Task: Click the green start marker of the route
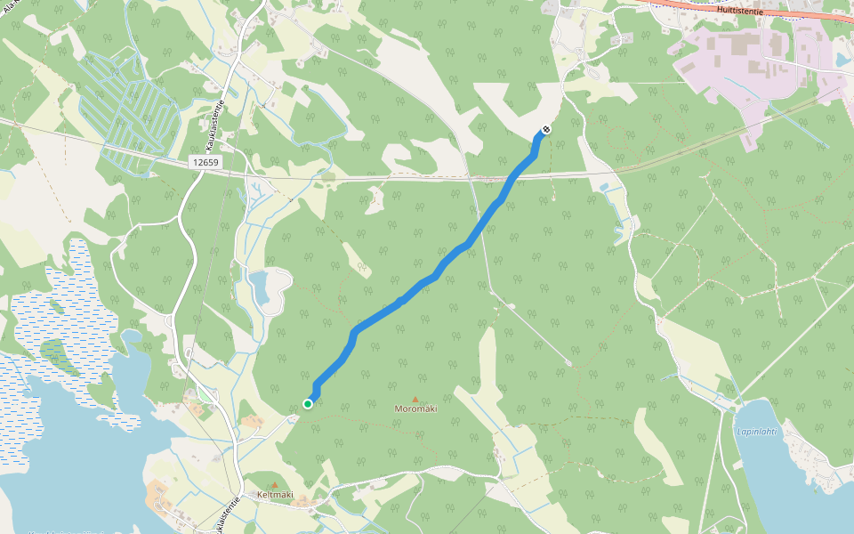click(x=308, y=404)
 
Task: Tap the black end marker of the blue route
click(x=546, y=130)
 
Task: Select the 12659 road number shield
click(x=205, y=163)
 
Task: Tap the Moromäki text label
click(x=415, y=409)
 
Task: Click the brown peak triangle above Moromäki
click(x=415, y=399)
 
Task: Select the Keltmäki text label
click(x=275, y=495)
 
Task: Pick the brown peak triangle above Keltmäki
click(x=274, y=484)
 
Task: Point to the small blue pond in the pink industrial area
click(x=842, y=60)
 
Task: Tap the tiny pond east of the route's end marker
click(x=604, y=188)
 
